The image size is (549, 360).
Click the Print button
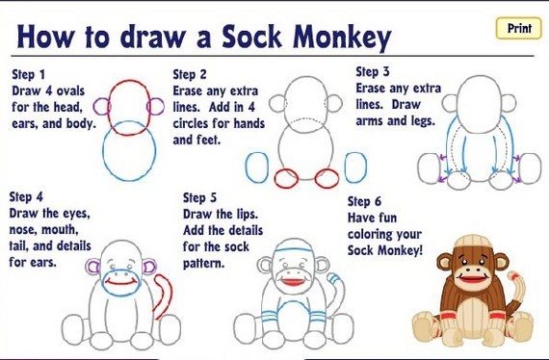518,28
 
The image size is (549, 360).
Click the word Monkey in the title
342,38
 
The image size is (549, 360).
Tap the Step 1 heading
28,74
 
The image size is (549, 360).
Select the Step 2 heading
190,74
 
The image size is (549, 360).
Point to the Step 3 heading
373,71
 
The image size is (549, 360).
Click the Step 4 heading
26,196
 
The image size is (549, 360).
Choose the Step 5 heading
199,197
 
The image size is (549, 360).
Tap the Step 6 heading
364,201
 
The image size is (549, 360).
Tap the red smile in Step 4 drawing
120,283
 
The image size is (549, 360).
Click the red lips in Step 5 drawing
294,281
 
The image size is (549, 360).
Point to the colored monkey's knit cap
473,243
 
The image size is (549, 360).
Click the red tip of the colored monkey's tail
513,275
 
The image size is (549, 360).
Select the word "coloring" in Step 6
384,234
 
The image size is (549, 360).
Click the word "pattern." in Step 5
203,264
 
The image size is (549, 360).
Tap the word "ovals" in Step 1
70,90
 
